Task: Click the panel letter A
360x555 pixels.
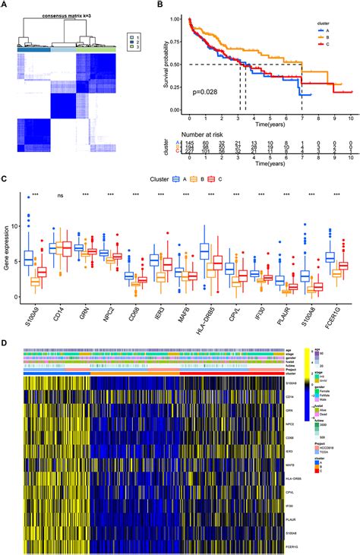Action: [x=5, y=6]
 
